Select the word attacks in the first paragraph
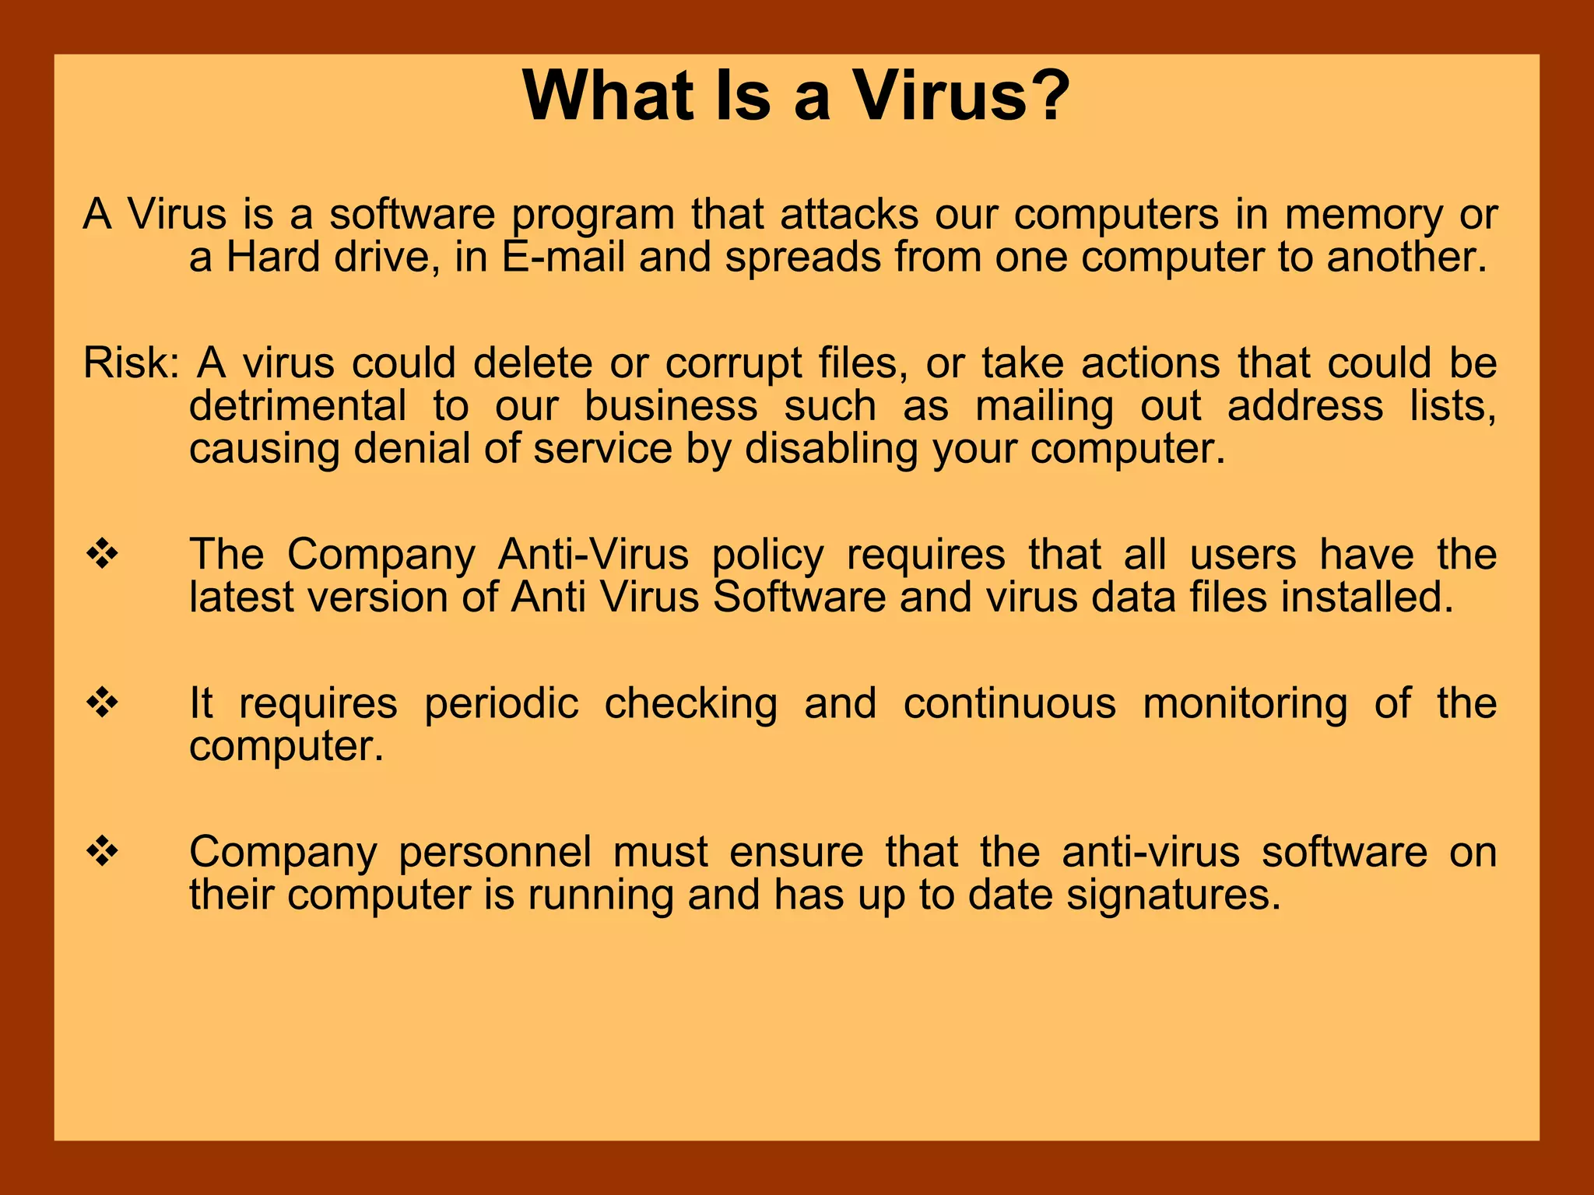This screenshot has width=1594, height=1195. coord(849,214)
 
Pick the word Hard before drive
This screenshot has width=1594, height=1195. coord(273,257)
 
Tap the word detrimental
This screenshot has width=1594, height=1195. coord(298,406)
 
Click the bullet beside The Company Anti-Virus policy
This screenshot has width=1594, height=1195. coord(102,555)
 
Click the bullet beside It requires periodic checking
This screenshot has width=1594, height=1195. coord(102,703)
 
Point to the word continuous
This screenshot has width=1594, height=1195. coord(1009,703)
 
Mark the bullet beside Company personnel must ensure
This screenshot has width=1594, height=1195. coord(102,852)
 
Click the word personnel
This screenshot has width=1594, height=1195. coord(495,852)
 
